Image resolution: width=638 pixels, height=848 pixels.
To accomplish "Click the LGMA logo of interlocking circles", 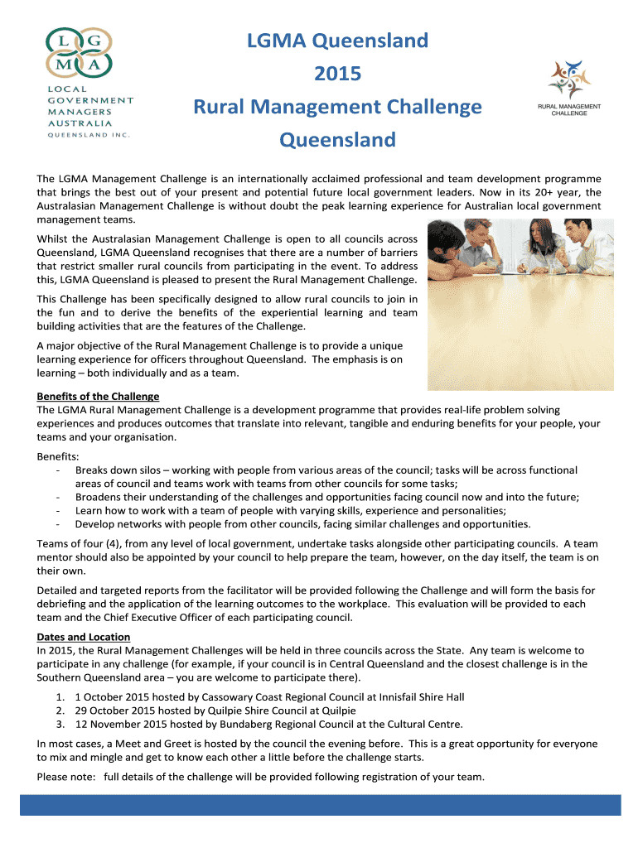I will (x=80, y=52).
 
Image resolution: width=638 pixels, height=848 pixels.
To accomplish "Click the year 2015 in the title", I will (x=338, y=74).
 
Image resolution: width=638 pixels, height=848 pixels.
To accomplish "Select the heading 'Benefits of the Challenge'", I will (x=98, y=397).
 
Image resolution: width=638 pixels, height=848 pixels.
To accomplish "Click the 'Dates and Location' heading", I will (x=84, y=637).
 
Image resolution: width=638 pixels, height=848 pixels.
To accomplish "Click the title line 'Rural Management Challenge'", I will (x=337, y=107).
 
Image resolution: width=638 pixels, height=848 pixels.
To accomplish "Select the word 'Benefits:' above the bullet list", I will (x=59, y=456).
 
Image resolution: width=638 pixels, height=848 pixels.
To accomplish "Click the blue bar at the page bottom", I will (x=319, y=804).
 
